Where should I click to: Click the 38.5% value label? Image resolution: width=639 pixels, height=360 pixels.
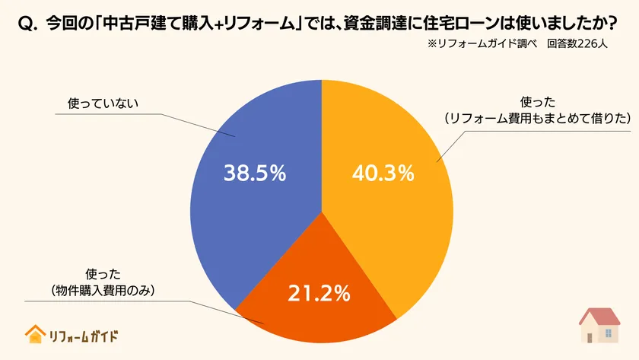(x=255, y=174)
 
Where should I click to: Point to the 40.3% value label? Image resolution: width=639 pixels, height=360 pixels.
(x=383, y=174)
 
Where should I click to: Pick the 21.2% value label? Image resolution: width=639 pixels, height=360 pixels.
(x=319, y=292)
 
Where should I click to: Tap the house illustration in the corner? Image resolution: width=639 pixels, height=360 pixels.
(x=599, y=326)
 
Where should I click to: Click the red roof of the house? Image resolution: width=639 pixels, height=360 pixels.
(x=599, y=315)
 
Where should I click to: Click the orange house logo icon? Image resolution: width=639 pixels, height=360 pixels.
(x=34, y=334)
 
